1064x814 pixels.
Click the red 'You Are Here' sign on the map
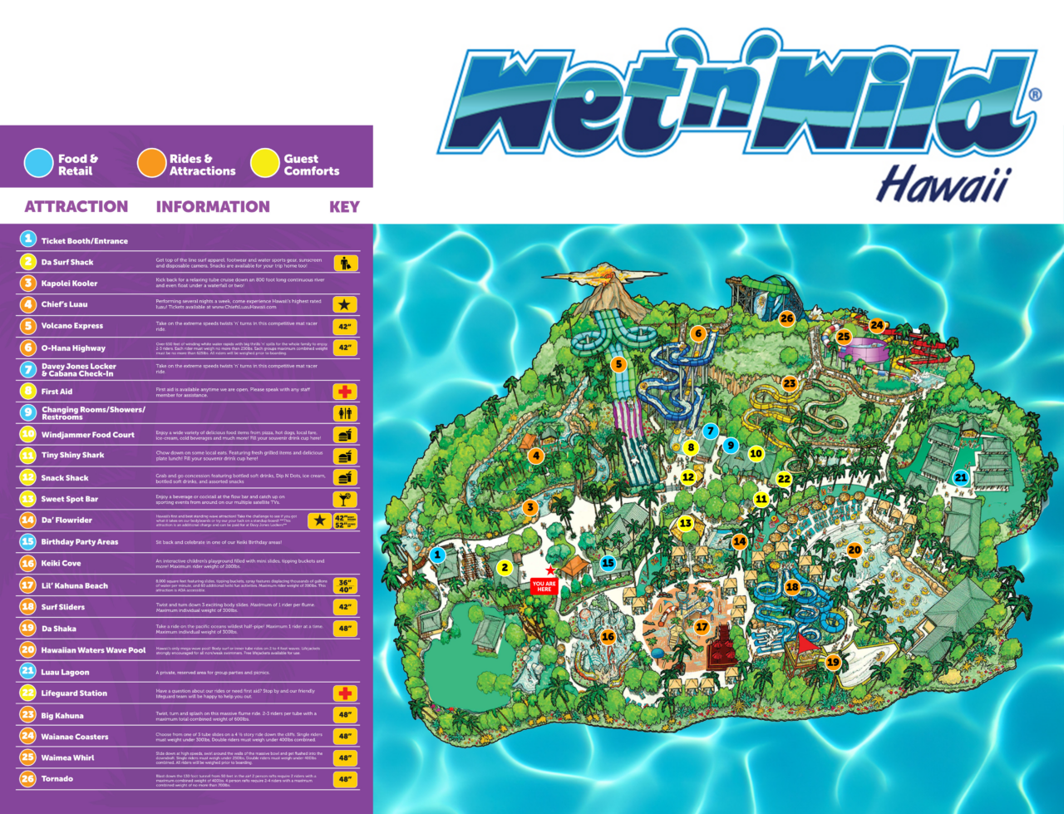[544, 585]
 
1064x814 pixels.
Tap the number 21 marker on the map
[961, 477]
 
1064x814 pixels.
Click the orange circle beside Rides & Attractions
[152, 164]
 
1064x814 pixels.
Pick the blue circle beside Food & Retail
[39, 164]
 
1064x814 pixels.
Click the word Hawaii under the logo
[943, 185]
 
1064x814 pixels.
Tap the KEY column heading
[344, 207]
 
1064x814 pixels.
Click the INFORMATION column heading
[213, 207]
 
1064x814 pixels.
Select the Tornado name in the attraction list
[57, 779]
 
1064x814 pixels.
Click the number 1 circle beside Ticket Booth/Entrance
[28, 239]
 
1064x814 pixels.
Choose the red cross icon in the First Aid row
[345, 392]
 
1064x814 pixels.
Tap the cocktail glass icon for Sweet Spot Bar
[345, 499]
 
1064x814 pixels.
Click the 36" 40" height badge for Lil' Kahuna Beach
[345, 585]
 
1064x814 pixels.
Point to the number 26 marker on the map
[786, 318]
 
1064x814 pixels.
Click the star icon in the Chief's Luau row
[345, 305]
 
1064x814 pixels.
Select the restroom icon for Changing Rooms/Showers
[345, 413]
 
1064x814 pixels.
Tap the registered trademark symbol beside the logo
[1035, 95]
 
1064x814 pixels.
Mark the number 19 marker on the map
[833, 663]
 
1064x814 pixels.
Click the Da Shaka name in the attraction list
[58, 629]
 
